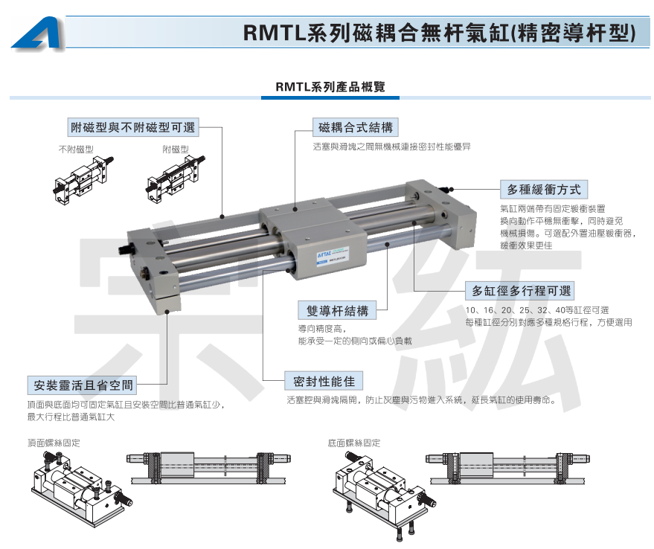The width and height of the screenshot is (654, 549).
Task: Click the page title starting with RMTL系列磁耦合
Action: (439, 33)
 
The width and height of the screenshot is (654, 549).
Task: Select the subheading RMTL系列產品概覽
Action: (330, 87)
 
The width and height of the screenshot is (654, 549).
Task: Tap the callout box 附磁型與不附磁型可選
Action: (133, 126)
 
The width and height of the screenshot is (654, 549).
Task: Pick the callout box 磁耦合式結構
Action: (356, 127)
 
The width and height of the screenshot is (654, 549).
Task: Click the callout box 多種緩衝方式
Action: (544, 190)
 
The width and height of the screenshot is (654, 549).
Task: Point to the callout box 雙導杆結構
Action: (337, 310)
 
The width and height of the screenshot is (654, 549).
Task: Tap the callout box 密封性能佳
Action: (324, 381)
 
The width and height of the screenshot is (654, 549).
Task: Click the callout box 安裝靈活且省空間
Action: (83, 385)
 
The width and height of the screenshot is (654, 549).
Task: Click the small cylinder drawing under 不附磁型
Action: (83, 180)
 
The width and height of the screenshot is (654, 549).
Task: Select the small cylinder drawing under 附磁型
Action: (176, 179)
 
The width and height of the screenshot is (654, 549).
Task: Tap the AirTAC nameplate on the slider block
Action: (333, 255)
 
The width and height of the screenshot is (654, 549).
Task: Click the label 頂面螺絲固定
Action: (54, 443)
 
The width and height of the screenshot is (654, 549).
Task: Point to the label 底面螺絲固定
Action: (354, 443)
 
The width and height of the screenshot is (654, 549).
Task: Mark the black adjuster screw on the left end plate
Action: (126, 249)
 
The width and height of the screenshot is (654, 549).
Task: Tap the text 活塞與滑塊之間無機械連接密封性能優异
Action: (391, 147)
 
